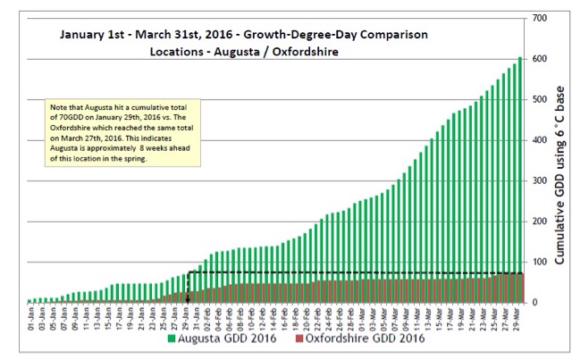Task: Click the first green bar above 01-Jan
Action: point(30,300)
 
